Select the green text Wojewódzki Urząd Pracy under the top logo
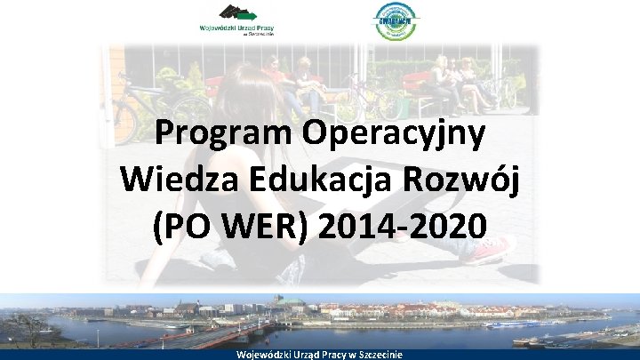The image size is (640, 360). [236, 28]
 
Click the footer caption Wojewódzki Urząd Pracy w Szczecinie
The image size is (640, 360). [319, 354]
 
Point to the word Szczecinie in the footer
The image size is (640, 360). [378, 354]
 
